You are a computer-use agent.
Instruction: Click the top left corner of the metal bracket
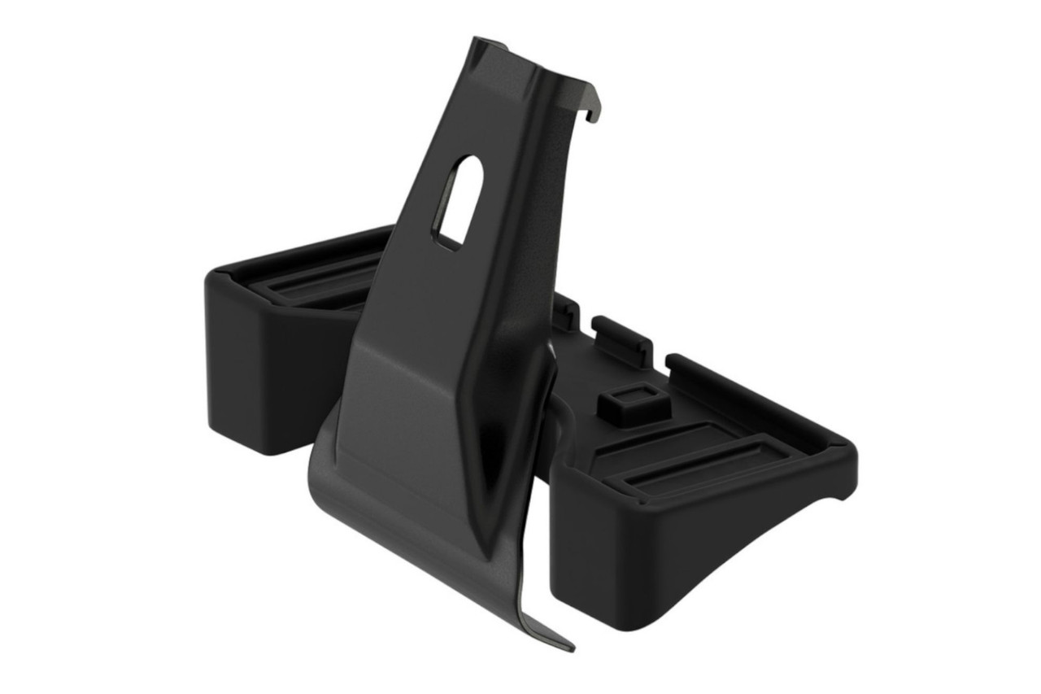pyautogui.click(x=477, y=41)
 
